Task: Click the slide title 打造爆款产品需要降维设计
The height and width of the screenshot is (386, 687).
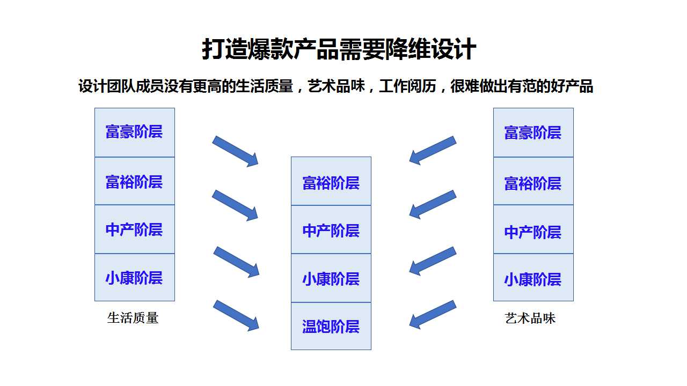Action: pos(339,49)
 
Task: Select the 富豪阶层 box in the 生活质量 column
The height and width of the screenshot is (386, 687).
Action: pos(135,132)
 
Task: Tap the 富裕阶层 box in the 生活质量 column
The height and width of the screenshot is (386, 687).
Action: pos(135,181)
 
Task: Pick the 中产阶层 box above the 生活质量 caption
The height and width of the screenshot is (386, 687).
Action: pos(135,229)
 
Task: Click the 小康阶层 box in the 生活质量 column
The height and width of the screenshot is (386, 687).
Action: pos(135,277)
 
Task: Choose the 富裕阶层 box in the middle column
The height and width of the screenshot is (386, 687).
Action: pos(331,181)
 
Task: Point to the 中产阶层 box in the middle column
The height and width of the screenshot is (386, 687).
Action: pos(331,229)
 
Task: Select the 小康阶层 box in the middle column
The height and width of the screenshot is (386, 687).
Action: pos(331,278)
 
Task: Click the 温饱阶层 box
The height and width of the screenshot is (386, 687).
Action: pos(331,326)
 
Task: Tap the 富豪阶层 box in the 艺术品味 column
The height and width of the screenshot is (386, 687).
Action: pos(533,132)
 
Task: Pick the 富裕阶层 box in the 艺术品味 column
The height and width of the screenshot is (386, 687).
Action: pos(533,181)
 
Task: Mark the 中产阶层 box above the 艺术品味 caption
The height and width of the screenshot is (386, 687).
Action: pos(533,229)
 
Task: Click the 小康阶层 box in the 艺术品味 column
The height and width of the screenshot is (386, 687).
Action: pos(533,277)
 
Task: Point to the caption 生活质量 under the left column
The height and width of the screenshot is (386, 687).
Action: pos(133,318)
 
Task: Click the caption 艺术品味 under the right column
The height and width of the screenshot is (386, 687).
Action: pos(530,318)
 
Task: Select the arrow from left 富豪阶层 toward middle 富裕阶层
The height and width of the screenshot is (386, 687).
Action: pos(236,151)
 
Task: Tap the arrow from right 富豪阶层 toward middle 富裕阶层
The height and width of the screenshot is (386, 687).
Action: pos(433,151)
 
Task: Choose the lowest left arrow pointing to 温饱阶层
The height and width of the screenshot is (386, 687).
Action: pos(236,316)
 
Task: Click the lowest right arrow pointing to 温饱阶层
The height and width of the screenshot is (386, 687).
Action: pos(433,315)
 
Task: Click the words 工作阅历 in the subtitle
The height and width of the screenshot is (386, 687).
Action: pos(407,86)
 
